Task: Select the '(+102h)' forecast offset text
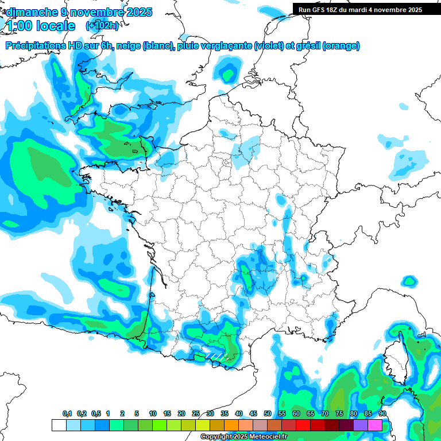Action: click(x=102, y=26)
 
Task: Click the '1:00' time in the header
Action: click(x=17, y=26)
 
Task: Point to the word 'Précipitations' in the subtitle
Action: click(x=41, y=46)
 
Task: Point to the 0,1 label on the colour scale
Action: click(x=67, y=413)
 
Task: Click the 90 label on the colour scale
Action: click(x=382, y=413)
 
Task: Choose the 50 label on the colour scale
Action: click(x=268, y=413)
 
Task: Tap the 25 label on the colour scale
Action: click(x=196, y=413)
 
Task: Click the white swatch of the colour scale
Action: click(x=59, y=425)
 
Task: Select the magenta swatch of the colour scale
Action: click(x=375, y=425)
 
